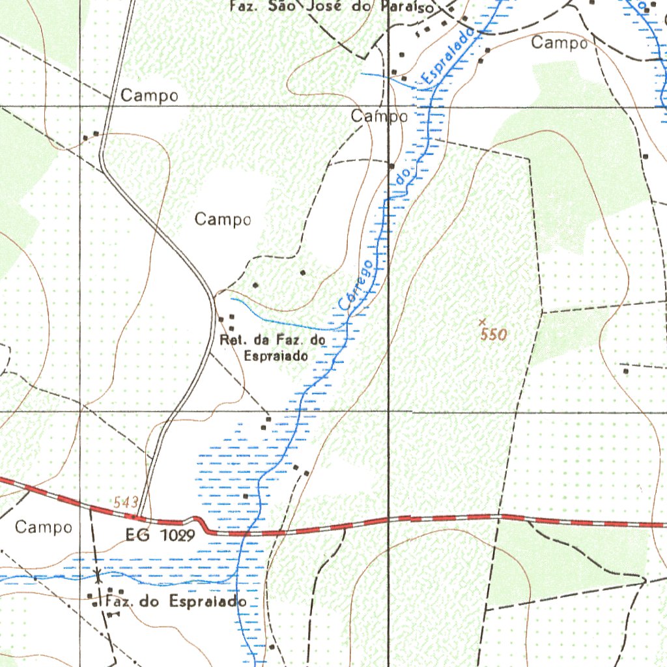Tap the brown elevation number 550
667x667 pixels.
[x=493, y=335]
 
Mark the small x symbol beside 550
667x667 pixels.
[x=482, y=321]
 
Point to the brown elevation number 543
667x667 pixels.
[x=126, y=502]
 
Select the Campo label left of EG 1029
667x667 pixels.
[x=44, y=526]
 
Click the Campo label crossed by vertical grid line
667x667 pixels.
[x=380, y=117]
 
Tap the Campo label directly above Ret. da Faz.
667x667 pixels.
[x=223, y=220]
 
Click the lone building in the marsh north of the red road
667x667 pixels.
[x=246, y=496]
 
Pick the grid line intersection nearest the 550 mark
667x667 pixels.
[x=389, y=412]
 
